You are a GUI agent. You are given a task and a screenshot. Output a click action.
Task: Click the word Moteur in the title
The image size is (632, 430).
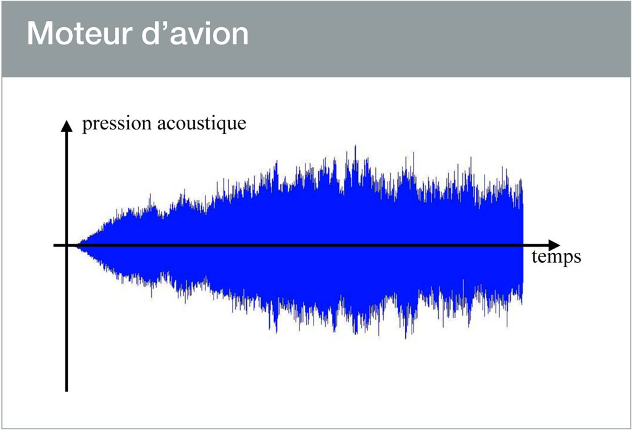[80, 33]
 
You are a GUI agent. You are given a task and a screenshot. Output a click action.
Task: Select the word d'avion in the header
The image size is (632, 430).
[195, 33]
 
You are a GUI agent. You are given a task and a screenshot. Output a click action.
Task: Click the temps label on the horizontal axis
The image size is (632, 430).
[556, 257]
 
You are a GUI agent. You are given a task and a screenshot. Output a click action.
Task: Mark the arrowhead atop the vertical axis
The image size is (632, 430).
[67, 126]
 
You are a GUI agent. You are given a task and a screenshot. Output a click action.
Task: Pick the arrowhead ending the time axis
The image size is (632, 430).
[554, 245]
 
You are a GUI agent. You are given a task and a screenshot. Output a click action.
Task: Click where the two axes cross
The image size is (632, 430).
[67, 245]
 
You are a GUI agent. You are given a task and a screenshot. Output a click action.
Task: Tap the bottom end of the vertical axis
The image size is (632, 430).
[67, 391]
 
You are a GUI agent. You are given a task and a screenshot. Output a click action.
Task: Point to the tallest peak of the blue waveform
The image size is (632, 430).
[355, 146]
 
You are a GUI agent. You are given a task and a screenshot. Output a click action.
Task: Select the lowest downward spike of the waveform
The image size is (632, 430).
[405, 337]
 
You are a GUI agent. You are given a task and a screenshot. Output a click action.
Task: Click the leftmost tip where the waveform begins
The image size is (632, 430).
[78, 245]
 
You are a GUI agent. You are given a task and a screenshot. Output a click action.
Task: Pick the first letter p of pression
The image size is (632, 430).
[86, 126]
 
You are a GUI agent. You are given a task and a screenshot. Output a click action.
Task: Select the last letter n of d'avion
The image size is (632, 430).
[241, 36]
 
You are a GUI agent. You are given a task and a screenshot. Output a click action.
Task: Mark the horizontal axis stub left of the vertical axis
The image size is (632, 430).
[59, 245]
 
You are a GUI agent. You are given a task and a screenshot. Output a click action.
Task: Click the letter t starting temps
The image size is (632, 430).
[534, 257]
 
